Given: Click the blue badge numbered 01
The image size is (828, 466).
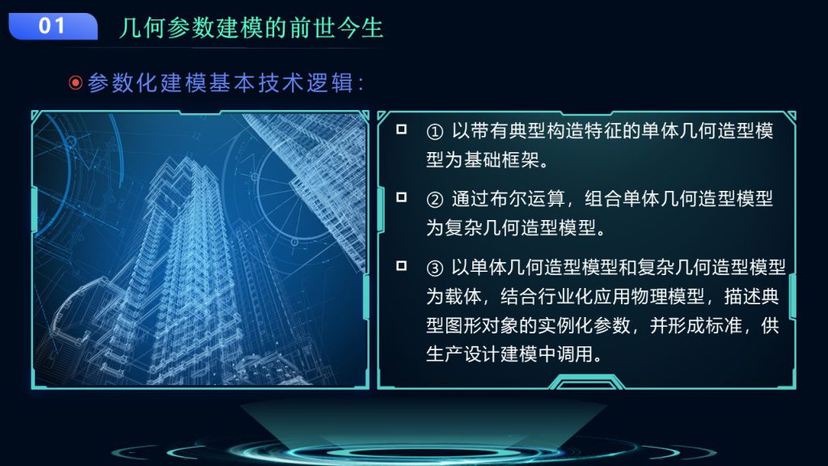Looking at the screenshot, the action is point(53,27).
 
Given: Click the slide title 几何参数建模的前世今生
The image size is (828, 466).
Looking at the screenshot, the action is point(251,28).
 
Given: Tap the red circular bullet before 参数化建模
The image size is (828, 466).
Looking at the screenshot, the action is point(75,83).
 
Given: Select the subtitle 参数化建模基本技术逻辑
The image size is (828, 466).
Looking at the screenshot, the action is point(221,83).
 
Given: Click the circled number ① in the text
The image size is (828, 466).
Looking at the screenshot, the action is point(434,132).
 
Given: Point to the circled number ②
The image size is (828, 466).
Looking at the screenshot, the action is point(434,199).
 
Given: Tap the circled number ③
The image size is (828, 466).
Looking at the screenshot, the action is point(434,268).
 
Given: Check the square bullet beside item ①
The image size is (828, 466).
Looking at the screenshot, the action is point(401,129).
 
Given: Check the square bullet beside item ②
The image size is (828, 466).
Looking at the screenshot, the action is point(401,197).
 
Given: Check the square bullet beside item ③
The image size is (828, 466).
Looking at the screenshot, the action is point(401,265).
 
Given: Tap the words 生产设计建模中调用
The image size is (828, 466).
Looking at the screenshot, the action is point(509,354).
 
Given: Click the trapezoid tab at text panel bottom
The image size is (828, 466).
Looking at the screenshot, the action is point(586,382).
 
